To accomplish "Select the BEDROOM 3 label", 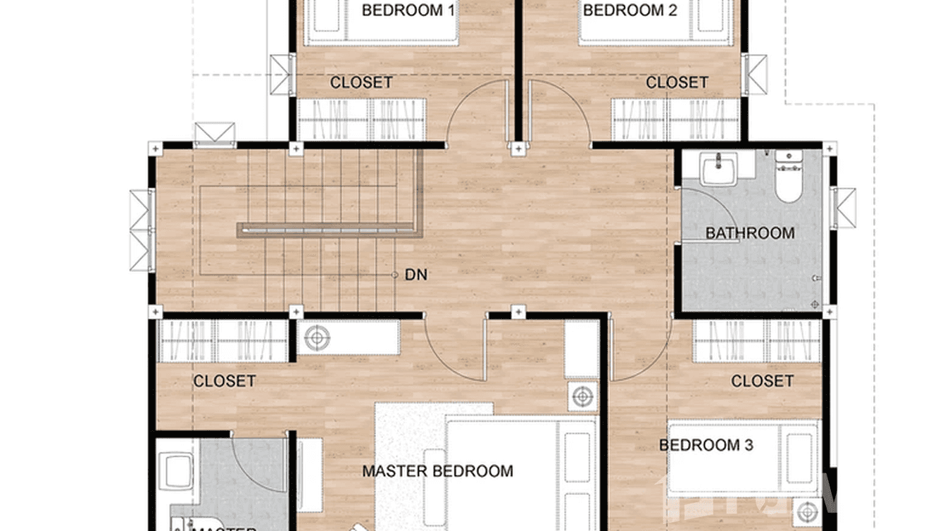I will tap(706, 445).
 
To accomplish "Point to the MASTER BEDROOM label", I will tap(437, 471).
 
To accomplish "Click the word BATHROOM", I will tap(749, 233).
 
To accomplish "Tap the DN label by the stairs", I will tap(416, 275).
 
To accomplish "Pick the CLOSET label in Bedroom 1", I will tap(361, 83).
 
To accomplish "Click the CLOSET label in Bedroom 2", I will tap(677, 83).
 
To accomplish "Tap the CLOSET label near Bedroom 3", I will tap(762, 382).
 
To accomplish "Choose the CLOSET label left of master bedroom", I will tap(224, 382).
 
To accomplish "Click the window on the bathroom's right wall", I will tap(842, 204).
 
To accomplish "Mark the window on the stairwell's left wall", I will tap(141, 230).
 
